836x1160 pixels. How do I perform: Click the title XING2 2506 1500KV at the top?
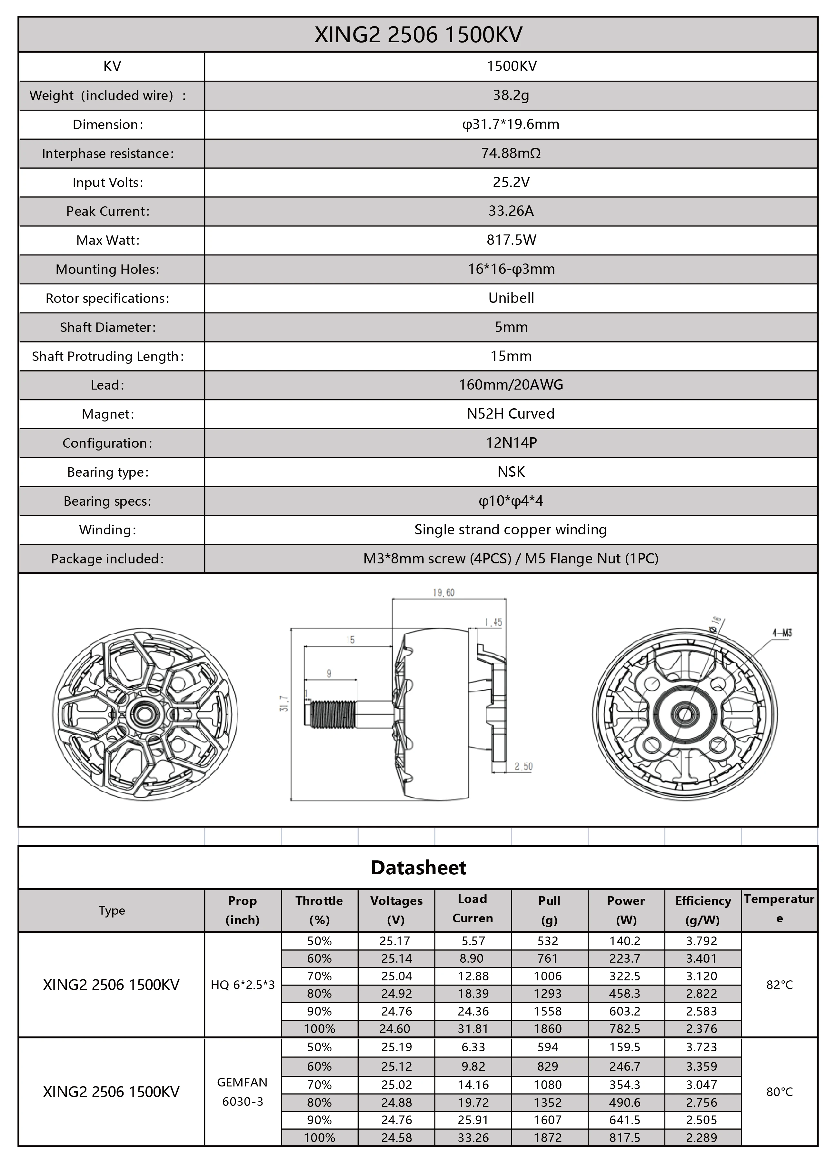coord(418,35)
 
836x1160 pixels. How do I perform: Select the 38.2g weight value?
coord(511,95)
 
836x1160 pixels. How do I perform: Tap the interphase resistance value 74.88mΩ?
coord(511,154)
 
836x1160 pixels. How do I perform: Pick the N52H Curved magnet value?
coord(511,414)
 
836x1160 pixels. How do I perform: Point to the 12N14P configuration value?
coord(511,443)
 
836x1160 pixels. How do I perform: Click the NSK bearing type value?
coord(511,471)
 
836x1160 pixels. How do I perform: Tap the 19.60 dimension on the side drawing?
coord(443,593)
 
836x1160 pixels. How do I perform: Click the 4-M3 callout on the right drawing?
coord(782,633)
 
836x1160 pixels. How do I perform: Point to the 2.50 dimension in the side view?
coord(523,766)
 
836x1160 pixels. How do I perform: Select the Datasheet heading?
coord(418,868)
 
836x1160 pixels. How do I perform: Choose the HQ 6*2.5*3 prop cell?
coord(243,985)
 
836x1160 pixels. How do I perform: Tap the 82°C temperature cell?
coord(779,985)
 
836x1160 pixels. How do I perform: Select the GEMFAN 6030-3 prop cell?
coord(243,1091)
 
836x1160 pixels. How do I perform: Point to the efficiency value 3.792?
coord(702,941)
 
